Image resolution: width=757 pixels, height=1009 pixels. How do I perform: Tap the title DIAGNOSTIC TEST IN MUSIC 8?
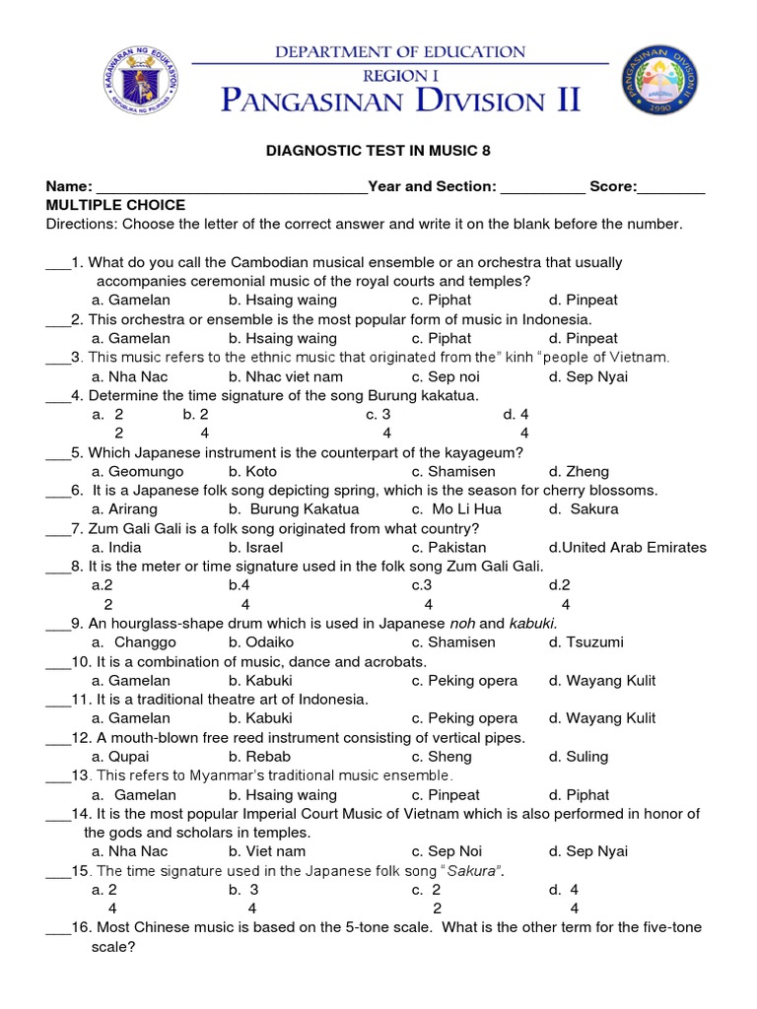click(x=378, y=151)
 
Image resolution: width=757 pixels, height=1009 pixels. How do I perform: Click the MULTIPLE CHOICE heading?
click(x=115, y=205)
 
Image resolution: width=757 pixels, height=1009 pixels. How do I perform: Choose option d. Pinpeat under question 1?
click(x=584, y=300)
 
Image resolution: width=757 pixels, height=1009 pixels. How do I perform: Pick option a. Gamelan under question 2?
click(x=130, y=338)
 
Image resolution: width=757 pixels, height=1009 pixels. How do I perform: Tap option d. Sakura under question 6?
click(x=585, y=509)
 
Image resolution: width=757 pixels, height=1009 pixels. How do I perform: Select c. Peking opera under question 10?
click(x=464, y=680)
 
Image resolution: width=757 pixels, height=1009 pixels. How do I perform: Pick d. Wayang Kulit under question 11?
click(x=602, y=718)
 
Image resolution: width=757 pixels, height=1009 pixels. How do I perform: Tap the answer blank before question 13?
click(x=57, y=775)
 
